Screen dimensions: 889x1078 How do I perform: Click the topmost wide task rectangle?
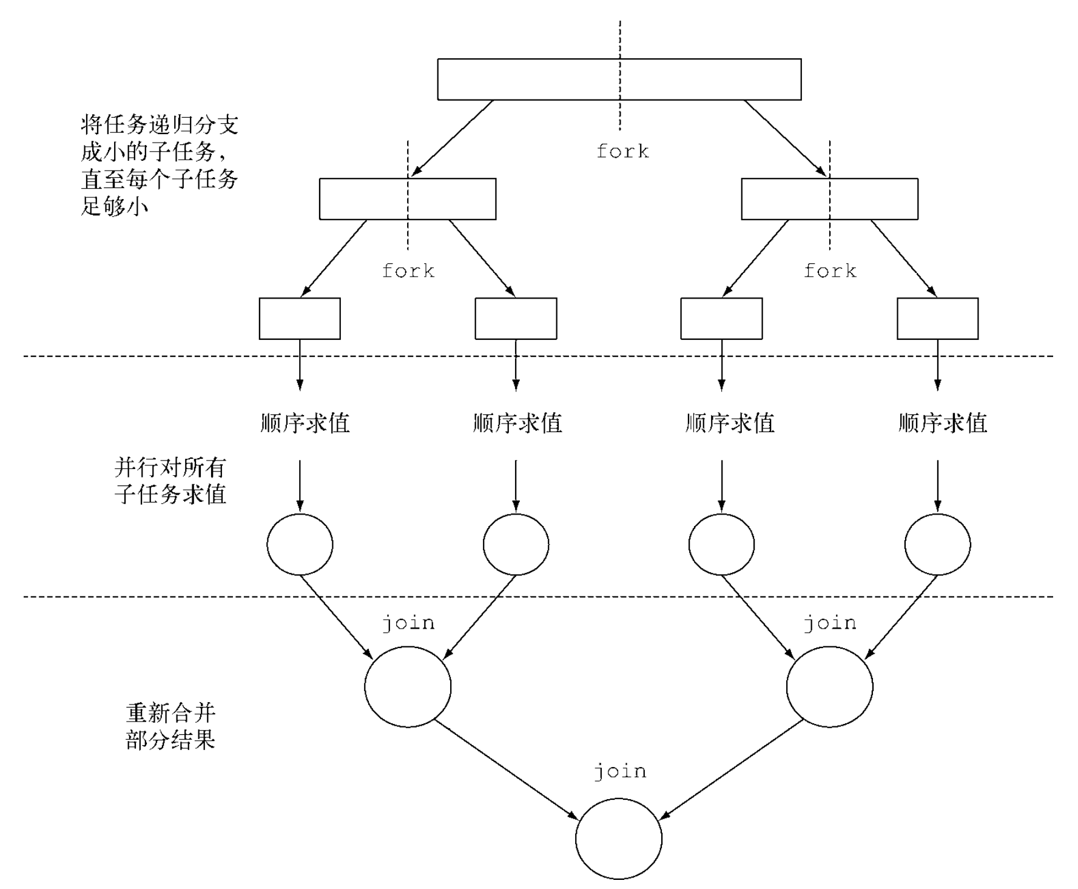619,79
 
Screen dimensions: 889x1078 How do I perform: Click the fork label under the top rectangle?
622,151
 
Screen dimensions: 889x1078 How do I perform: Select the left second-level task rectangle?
407,198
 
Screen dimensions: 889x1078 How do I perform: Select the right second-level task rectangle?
829,198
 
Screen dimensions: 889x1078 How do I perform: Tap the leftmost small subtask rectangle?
300,319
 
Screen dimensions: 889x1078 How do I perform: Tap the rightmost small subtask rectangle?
937,319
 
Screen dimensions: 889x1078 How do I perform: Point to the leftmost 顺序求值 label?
305,423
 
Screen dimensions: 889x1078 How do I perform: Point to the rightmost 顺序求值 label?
942,423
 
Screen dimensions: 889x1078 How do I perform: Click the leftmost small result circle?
300,544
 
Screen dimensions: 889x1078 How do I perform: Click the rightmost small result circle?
937,544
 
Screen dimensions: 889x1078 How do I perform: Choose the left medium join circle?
408,686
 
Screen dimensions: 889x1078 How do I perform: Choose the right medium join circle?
829,686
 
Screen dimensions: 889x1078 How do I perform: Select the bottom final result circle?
619,839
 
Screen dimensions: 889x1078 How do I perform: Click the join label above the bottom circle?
620,771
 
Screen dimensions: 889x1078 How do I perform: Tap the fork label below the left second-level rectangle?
408,271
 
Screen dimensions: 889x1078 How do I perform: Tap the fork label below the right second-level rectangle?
830,271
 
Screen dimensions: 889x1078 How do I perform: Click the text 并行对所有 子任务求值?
170,481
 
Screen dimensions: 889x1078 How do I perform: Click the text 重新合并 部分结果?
170,726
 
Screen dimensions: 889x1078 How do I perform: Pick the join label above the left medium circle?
408,623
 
